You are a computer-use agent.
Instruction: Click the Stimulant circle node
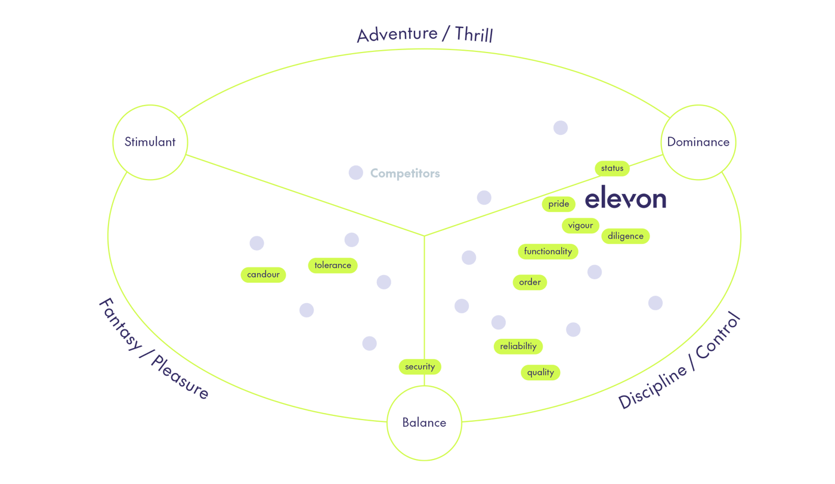coord(150,142)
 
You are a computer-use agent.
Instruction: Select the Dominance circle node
coord(698,142)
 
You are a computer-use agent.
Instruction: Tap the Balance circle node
coord(424,423)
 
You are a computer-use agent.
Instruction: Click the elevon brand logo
coord(625,198)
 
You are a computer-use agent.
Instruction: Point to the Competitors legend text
coord(405,173)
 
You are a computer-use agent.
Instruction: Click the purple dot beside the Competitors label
coord(356,172)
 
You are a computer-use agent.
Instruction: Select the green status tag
coord(612,168)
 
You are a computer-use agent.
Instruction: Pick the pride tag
coord(558,204)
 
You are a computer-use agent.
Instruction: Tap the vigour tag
coord(580,226)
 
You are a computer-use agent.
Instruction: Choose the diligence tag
coord(625,236)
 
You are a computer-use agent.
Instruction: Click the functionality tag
coord(548,252)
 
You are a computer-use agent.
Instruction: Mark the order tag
coord(530,282)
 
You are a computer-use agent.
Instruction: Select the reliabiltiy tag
coord(518,346)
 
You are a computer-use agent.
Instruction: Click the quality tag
coord(540,372)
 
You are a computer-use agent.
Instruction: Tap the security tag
coord(420,366)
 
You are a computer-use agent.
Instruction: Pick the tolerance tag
coord(333,266)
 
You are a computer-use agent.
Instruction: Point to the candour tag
coord(263,275)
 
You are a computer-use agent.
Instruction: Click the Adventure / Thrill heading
coord(425,34)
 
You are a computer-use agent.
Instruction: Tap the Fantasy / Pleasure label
coord(153,349)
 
